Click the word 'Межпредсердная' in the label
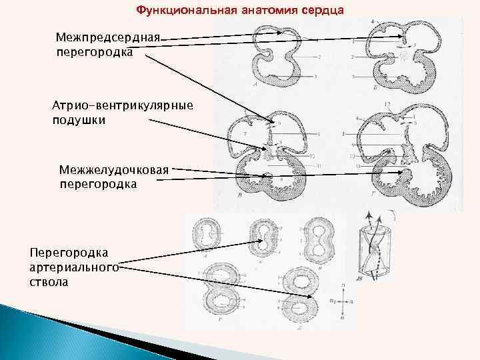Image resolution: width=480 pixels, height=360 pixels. pos(108,36)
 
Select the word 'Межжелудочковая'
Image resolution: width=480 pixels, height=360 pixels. pos(114,169)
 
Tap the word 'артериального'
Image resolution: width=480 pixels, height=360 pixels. pos(73,268)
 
